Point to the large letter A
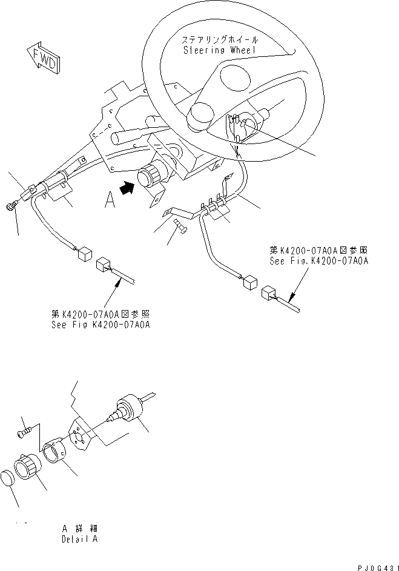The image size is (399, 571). (109, 200)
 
